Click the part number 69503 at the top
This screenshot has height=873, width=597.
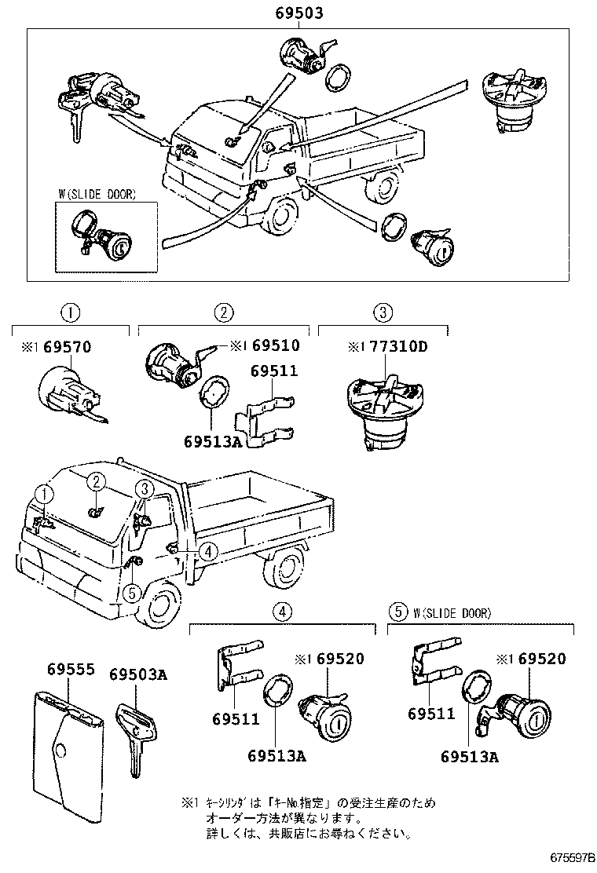click(x=298, y=14)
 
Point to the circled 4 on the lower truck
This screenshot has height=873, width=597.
click(x=207, y=552)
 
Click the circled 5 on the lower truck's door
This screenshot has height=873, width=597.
click(x=132, y=592)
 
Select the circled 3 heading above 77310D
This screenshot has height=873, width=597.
click(x=382, y=312)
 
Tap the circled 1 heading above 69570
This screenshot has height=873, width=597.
click(x=71, y=312)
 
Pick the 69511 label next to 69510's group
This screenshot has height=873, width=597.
click(x=274, y=371)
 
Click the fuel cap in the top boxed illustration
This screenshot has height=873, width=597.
click(x=511, y=103)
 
